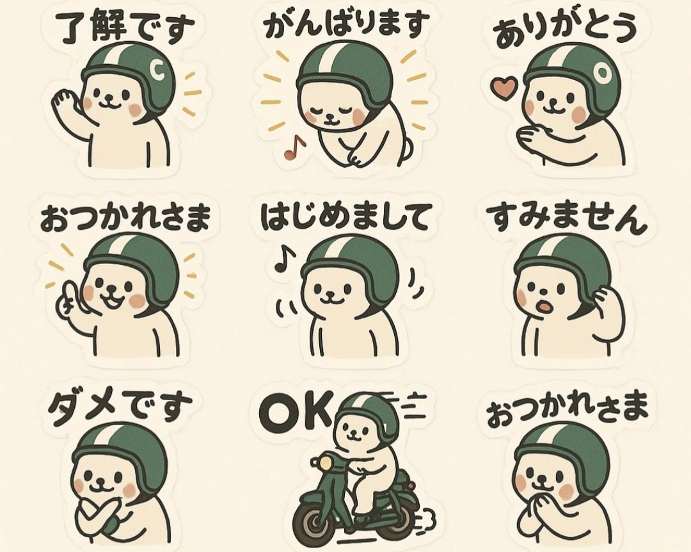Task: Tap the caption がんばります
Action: tap(345, 26)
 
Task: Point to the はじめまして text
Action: tap(345, 218)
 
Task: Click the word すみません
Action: tap(566, 218)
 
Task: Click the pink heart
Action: tap(504, 88)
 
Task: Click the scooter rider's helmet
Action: tap(369, 413)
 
